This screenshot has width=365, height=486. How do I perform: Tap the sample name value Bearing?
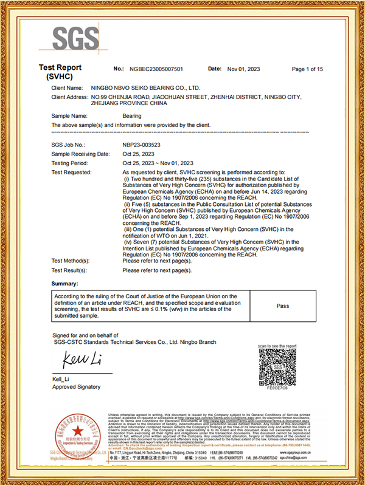tap(132, 115)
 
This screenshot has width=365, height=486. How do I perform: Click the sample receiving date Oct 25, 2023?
tap(140, 154)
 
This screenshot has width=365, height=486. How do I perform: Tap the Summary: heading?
tap(64, 283)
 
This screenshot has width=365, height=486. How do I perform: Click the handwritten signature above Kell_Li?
tap(75, 358)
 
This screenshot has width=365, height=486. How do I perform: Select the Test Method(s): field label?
tap(73, 260)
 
